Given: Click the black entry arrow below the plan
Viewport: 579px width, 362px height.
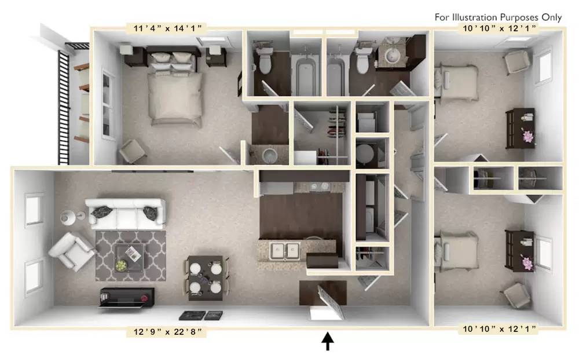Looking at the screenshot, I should click(328, 341).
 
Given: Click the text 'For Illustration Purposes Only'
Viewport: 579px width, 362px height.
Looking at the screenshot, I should click(498, 17).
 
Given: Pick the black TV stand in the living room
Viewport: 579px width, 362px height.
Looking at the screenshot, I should click(127, 297).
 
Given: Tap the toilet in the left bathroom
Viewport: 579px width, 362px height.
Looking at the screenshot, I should click(266, 61).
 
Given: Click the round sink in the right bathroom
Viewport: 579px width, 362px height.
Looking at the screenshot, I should click(395, 56).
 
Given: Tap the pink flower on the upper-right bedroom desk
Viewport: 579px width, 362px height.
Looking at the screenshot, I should click(528, 136).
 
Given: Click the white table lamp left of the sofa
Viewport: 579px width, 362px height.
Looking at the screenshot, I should click(67, 217).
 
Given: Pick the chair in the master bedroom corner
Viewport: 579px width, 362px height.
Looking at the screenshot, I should click(132, 152).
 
